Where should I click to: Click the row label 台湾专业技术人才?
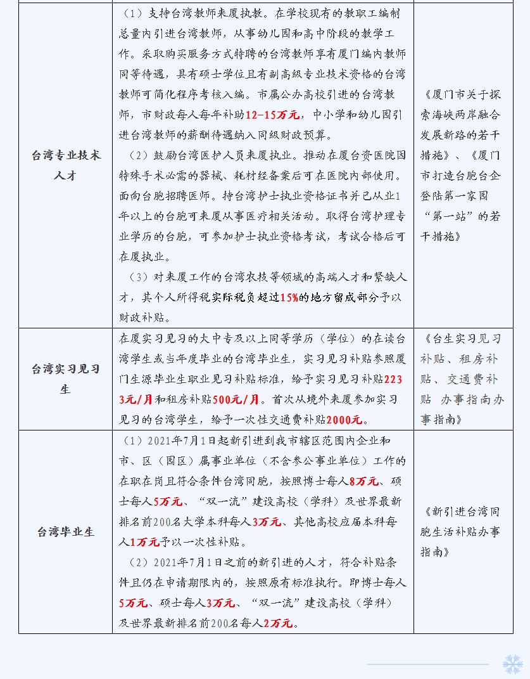[65, 165]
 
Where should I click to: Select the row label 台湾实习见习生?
[65, 378]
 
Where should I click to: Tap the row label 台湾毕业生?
[65, 531]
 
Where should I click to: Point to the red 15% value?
[289, 297]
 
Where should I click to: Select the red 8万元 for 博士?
[364, 481]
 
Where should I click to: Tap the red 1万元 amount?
[145, 542]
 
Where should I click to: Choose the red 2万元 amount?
[278, 623]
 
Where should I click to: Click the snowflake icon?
[512, 664]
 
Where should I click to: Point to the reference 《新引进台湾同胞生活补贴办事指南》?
[460, 531]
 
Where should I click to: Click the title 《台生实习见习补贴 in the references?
[460, 339]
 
